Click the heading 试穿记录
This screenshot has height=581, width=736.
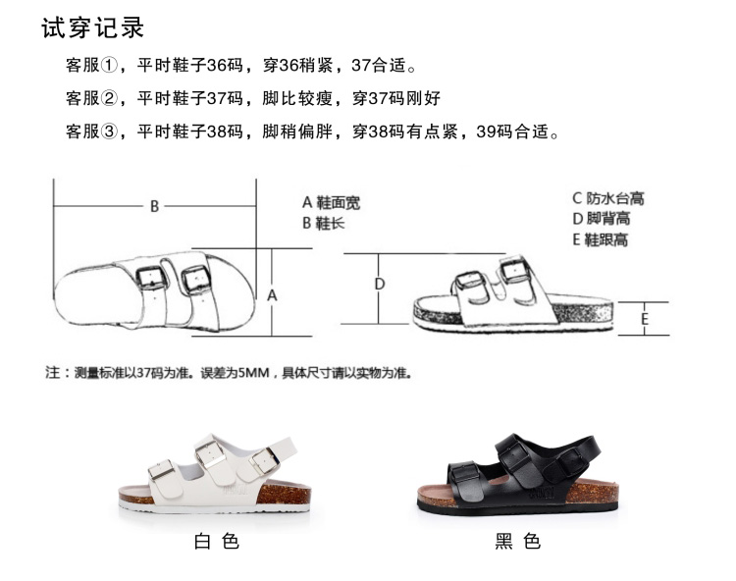[x=92, y=27]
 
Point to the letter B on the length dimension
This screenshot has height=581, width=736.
[x=154, y=206]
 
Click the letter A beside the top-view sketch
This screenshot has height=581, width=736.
[x=273, y=294]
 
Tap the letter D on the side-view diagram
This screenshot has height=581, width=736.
[x=380, y=285]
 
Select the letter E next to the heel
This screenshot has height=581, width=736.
[x=645, y=319]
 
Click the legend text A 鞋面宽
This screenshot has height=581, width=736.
[x=331, y=203]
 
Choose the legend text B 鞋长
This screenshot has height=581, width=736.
[x=323, y=224]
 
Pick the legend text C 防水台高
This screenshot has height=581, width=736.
[x=608, y=198]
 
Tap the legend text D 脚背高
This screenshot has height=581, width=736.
[x=602, y=219]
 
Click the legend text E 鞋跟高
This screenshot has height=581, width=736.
[x=601, y=239]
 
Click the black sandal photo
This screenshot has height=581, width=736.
[x=509, y=474]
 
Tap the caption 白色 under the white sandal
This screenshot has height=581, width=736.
[x=217, y=541]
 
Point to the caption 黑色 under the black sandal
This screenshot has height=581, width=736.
[x=517, y=541]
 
